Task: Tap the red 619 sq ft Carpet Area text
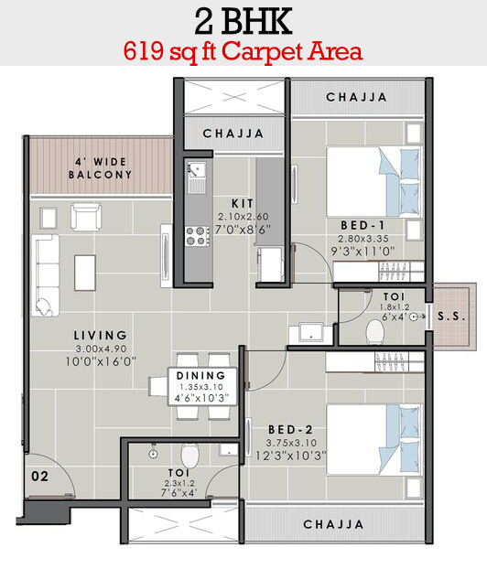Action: (243, 51)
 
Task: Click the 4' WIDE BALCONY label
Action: (100, 168)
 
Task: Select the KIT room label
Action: (243, 203)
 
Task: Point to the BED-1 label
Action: (363, 225)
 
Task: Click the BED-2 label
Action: (290, 430)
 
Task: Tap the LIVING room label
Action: (100, 335)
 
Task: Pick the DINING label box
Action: (202, 386)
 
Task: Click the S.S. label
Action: (451, 317)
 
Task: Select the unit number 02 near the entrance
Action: (39, 476)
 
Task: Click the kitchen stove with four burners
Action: (198, 236)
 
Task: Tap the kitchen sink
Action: (197, 177)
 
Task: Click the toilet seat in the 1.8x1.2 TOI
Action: (375, 332)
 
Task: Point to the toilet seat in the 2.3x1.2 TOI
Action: (189, 455)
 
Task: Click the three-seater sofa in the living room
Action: (46, 275)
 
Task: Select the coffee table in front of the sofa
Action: (85, 273)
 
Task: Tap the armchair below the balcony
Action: (86, 217)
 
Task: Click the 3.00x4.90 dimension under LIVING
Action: (101, 349)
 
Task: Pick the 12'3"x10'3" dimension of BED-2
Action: (290, 456)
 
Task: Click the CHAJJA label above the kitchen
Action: (233, 134)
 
